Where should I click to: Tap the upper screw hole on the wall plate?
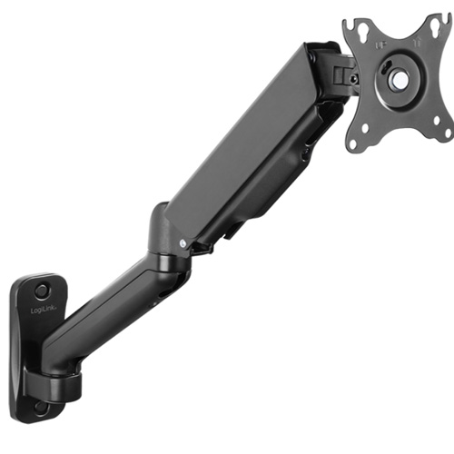(x=42, y=291)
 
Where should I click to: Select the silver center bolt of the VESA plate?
(x=397, y=79)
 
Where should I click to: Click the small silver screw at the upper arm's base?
(x=183, y=243)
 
